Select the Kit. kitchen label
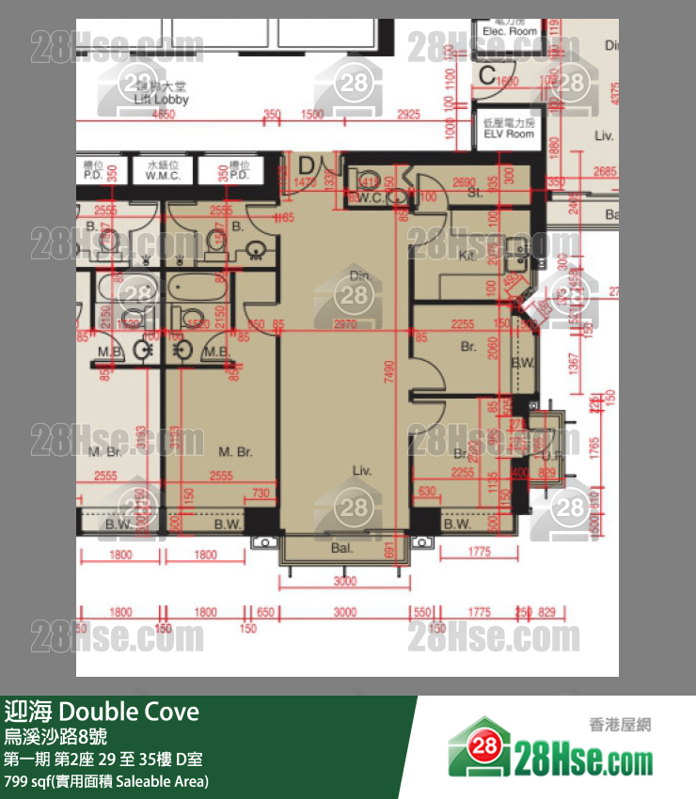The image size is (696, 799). pos(466,255)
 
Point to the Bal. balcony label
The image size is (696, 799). pos(342,548)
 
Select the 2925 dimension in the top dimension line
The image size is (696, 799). pos(408,115)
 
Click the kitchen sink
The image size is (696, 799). pos(516,249)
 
